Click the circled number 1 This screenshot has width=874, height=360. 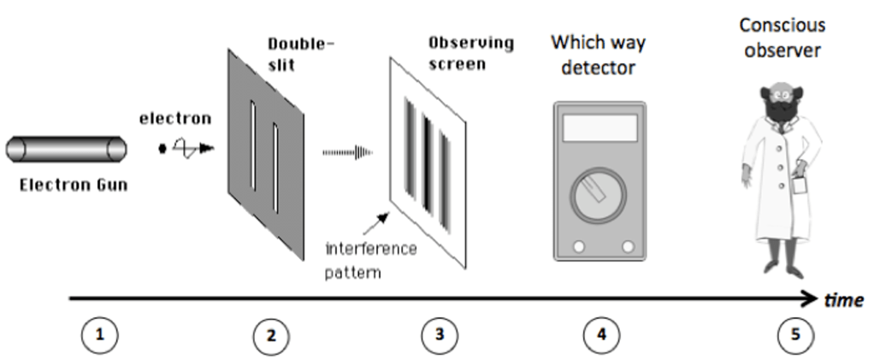pos(100,334)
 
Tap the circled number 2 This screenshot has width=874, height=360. pos(270,335)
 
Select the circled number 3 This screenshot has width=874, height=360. pos(440,335)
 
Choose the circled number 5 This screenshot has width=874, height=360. pos(795,335)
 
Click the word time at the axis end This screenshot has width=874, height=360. pos(843,300)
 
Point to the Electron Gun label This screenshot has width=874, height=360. pos(73,184)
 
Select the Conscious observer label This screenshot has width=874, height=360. pos(781,38)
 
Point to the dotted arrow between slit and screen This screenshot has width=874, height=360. pos(347,152)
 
